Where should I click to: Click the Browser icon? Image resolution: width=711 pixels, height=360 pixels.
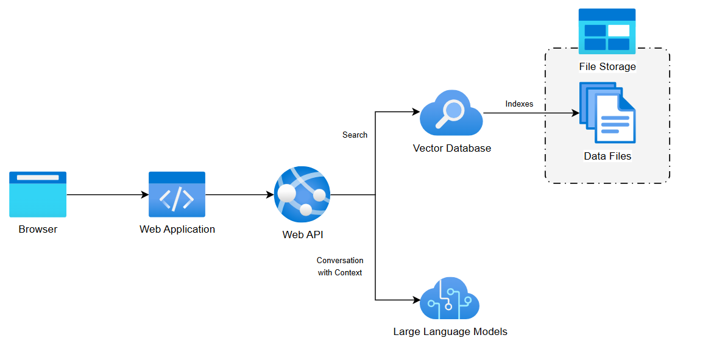[38, 194]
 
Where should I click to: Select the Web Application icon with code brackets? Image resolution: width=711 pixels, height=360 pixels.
[177, 194]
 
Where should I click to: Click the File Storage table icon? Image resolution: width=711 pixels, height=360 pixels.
[607, 32]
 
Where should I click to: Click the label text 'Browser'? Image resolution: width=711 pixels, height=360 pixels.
[38, 230]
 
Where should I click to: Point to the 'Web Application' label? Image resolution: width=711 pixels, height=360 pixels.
[177, 230]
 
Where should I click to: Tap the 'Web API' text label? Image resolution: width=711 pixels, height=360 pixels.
[302, 235]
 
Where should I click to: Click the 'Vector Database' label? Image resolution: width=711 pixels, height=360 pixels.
[451, 148]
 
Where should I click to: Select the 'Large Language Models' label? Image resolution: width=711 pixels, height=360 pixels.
[450, 332]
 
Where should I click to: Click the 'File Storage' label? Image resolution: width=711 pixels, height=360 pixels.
[607, 66]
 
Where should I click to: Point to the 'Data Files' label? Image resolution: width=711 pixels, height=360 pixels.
[607, 156]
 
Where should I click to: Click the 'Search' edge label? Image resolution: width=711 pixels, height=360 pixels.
[355, 135]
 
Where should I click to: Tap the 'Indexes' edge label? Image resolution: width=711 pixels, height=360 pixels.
[519, 104]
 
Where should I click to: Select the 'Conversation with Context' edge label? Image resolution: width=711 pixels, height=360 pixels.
[340, 267]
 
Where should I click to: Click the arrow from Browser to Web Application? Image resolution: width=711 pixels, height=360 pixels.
[107, 195]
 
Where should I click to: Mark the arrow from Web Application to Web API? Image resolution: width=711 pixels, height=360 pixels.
[239, 195]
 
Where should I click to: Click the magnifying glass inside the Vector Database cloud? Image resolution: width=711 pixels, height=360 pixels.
[453, 112]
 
